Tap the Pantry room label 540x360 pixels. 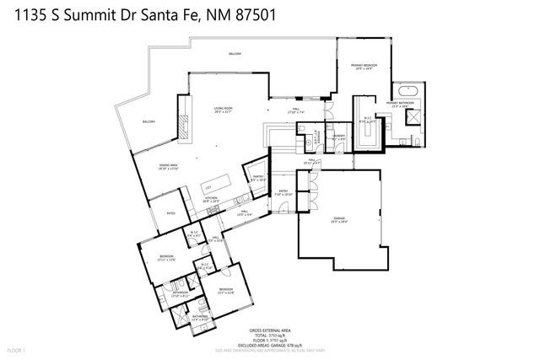pos(258,178)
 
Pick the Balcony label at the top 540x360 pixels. pos(235,54)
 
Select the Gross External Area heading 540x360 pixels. pos(269,330)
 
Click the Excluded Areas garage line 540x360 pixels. pos(269,345)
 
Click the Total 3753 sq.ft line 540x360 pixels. pos(269,335)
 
